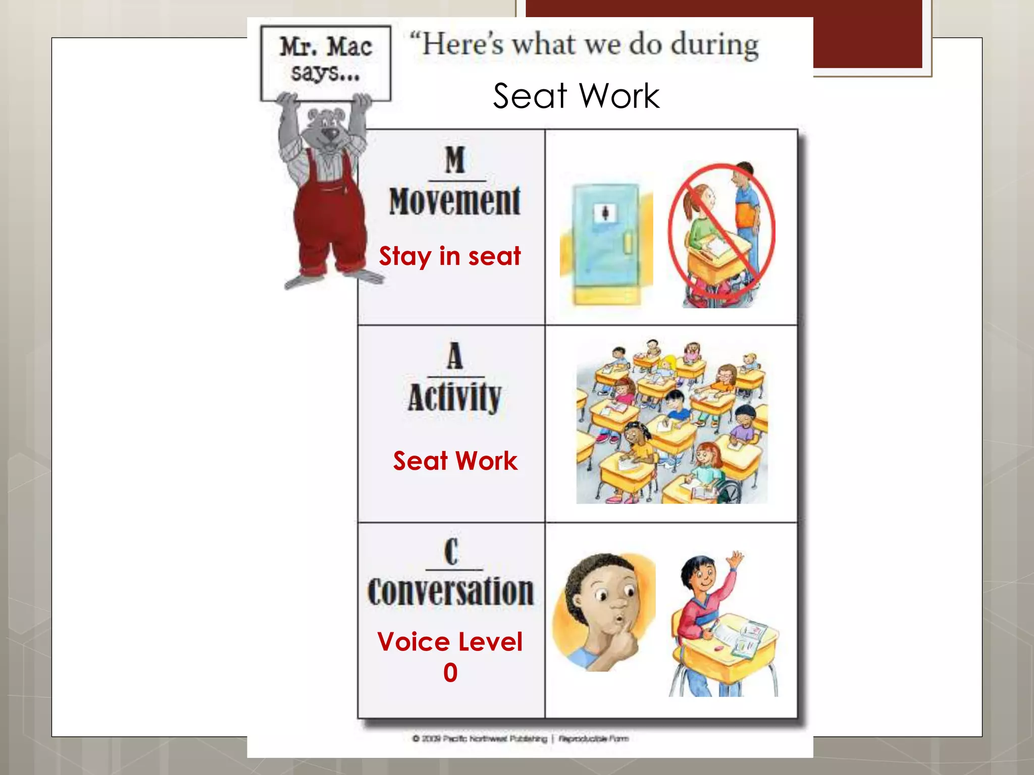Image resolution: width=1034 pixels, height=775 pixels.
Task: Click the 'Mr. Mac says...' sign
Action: (x=326, y=62)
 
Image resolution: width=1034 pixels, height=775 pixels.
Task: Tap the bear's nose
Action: (x=331, y=133)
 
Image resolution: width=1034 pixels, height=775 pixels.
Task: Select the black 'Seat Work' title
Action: (x=576, y=96)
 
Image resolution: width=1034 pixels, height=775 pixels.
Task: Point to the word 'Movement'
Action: (x=454, y=201)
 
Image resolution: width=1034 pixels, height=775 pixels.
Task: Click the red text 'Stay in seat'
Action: (x=450, y=256)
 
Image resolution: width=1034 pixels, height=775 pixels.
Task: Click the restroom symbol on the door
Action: (x=605, y=213)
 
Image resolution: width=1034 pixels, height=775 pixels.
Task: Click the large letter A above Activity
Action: (x=455, y=355)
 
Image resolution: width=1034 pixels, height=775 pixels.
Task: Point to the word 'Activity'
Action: (x=454, y=398)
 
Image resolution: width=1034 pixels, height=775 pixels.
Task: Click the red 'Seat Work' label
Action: (x=455, y=461)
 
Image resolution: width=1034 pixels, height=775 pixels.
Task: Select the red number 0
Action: (x=450, y=673)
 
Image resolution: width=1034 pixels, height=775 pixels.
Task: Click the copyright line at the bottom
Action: (x=521, y=739)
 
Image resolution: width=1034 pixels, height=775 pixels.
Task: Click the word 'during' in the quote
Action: (x=714, y=45)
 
